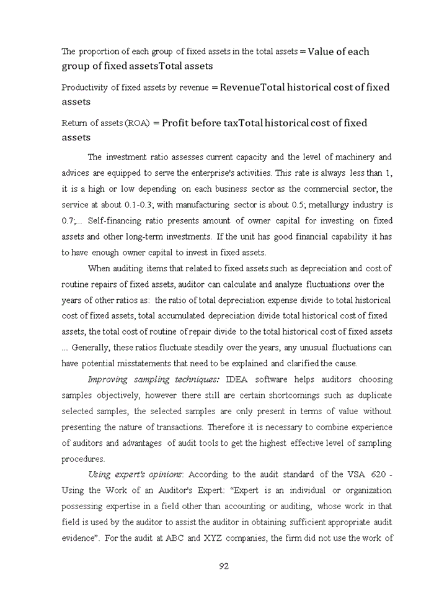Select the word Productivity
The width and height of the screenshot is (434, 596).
point(85,88)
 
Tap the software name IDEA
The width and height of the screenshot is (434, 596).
point(237,379)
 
